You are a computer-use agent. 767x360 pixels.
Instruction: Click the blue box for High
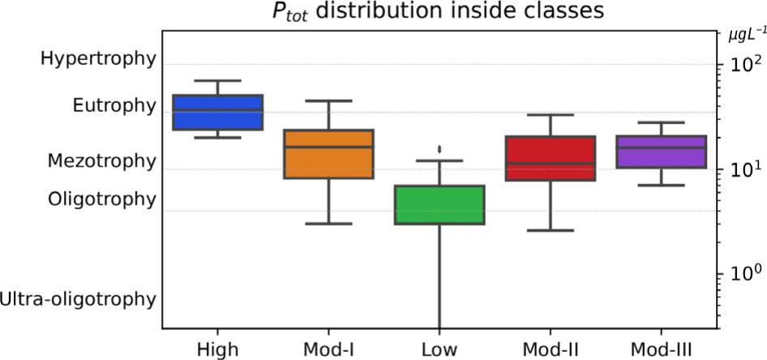point(218,112)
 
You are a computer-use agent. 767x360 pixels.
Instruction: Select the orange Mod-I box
point(328,154)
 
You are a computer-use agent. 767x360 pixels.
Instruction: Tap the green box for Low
point(439,204)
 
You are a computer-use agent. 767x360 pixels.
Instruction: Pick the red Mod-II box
point(550,158)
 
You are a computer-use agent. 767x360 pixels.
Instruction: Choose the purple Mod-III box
point(661,152)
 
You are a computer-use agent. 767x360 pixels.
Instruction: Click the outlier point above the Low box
point(439,149)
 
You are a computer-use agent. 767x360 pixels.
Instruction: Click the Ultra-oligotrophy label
point(78,298)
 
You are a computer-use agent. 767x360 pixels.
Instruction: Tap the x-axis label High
point(217,349)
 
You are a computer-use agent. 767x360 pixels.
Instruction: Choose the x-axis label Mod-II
point(550,349)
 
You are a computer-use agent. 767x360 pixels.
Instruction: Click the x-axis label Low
point(439,349)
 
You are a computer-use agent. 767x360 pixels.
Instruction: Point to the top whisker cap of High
point(218,81)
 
